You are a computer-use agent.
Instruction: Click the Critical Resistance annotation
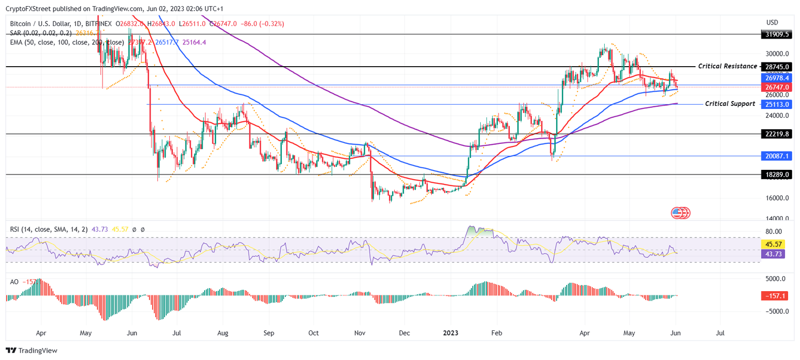(x=728, y=66)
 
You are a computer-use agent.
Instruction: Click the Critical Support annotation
(x=730, y=104)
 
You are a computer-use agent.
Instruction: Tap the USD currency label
(x=772, y=22)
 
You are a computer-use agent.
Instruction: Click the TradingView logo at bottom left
(x=32, y=351)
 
